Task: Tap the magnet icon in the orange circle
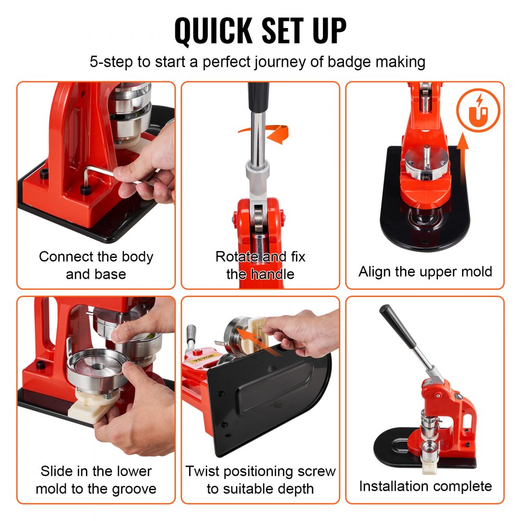(478, 111)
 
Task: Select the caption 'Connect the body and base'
(96, 265)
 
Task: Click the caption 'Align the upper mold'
(425, 271)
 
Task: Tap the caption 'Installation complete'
(425, 486)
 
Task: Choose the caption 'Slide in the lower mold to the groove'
(96, 480)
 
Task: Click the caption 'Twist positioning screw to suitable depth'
(260, 480)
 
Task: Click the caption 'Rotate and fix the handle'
(260, 265)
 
